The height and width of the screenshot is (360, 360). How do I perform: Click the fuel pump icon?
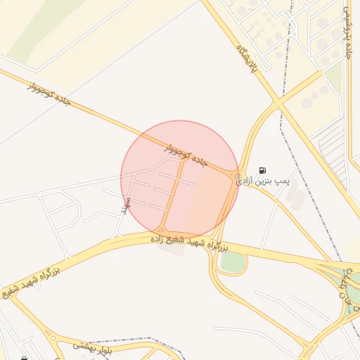click(x=262, y=170)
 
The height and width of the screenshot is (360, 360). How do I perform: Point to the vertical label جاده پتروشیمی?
click(x=348, y=33)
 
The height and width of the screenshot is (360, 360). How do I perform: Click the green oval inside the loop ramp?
click(x=233, y=262)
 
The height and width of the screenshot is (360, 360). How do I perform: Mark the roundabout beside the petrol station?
click(x=238, y=177)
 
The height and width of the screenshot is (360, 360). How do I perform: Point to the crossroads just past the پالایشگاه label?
click(x=278, y=104)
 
